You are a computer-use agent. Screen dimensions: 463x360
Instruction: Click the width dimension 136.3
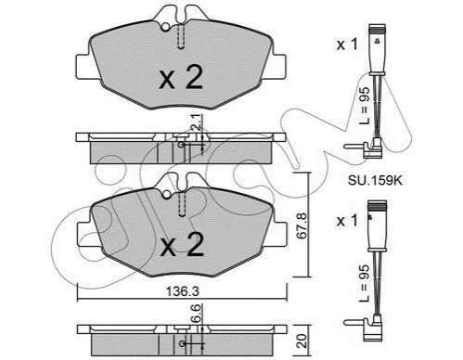pyautogui.click(x=183, y=291)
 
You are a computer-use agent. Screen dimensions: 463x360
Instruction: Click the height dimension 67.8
pyautogui.click(x=302, y=225)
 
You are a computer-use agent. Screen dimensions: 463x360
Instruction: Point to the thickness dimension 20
pyautogui.click(x=302, y=341)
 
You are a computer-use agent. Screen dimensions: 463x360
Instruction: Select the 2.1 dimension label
pyautogui.click(x=198, y=122)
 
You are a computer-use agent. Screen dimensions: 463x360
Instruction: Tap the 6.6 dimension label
pyautogui.click(x=198, y=313)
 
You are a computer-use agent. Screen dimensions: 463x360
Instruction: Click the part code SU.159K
pyautogui.click(x=375, y=180)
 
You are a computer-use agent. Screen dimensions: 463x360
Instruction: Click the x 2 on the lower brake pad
pyautogui.click(x=183, y=244)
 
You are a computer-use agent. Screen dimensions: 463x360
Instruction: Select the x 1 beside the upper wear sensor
pyautogui.click(x=347, y=45)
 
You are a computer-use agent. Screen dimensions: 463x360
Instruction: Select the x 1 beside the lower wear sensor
pyautogui.click(x=347, y=221)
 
